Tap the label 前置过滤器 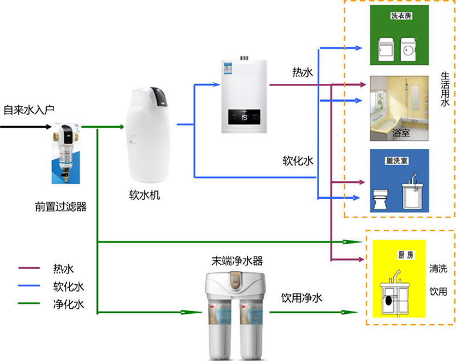coord(60,207)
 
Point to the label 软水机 coord(145,195)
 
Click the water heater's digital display coord(245,118)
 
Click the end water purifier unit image coord(233,317)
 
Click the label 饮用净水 coord(302,298)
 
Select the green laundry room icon coord(399,36)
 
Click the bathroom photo coord(399,108)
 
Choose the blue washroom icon coord(399,181)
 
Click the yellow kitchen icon coord(398,279)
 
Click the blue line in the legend coord(30,286)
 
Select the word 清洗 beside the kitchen coord(438,269)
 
